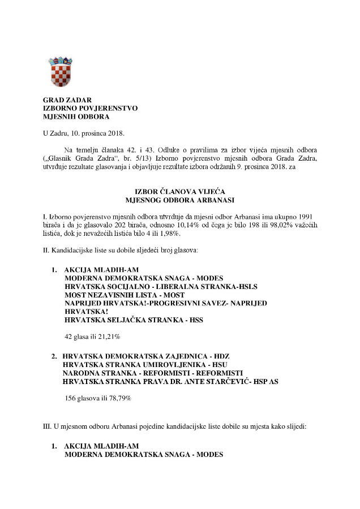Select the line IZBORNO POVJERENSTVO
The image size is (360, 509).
pos(89,108)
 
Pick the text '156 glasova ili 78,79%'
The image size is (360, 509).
pos(98,398)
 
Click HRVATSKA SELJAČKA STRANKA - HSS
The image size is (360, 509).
pos(134,320)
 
